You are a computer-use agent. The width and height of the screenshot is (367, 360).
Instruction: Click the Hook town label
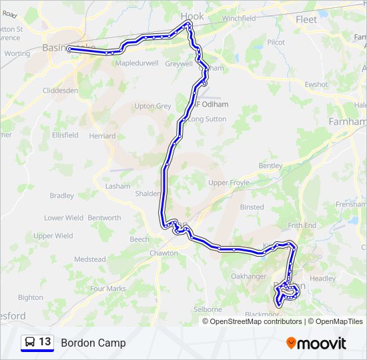192,16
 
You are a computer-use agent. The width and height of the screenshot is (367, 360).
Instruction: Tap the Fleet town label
306,19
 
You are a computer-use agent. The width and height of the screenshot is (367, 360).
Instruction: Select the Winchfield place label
239,19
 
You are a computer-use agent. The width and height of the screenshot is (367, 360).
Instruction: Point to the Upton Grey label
153,106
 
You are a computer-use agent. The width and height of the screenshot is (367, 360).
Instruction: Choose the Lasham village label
118,186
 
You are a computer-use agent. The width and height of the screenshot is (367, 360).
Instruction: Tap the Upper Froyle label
228,183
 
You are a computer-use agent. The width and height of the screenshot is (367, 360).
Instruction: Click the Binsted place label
252,207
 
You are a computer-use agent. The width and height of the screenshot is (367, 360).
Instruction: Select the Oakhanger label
248,276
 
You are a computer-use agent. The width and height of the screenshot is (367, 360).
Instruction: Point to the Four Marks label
107,289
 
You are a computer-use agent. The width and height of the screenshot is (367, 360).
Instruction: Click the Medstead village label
89,259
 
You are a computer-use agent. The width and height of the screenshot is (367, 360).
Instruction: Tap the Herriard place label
102,135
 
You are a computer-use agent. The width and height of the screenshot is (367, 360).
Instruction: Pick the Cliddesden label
60,91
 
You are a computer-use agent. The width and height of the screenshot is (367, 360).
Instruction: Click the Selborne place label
207,309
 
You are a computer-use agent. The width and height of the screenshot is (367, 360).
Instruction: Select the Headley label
323,279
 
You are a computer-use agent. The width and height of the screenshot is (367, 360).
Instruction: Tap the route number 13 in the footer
45,342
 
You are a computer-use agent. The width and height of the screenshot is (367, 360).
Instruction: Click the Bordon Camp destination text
93,343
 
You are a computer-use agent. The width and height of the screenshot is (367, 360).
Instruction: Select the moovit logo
316,343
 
